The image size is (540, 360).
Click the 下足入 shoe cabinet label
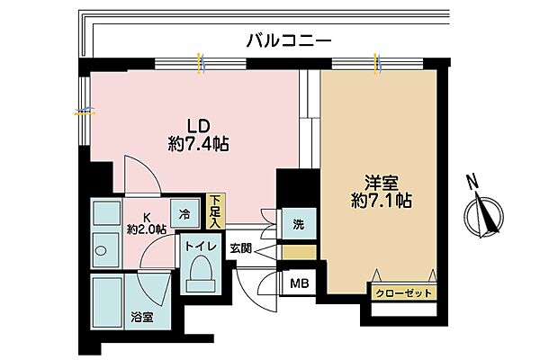[x=216, y=211]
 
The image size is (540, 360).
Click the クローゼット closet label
[x=401, y=293]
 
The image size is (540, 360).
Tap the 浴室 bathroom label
[x=140, y=317]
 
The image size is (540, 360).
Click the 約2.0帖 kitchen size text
[x=147, y=230]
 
